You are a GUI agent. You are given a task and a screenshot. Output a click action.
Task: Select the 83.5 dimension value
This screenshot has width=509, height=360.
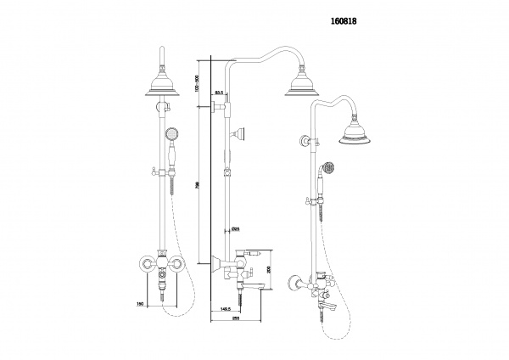(219, 92)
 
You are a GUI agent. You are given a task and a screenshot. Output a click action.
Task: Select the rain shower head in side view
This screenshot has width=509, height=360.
(303, 84)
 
